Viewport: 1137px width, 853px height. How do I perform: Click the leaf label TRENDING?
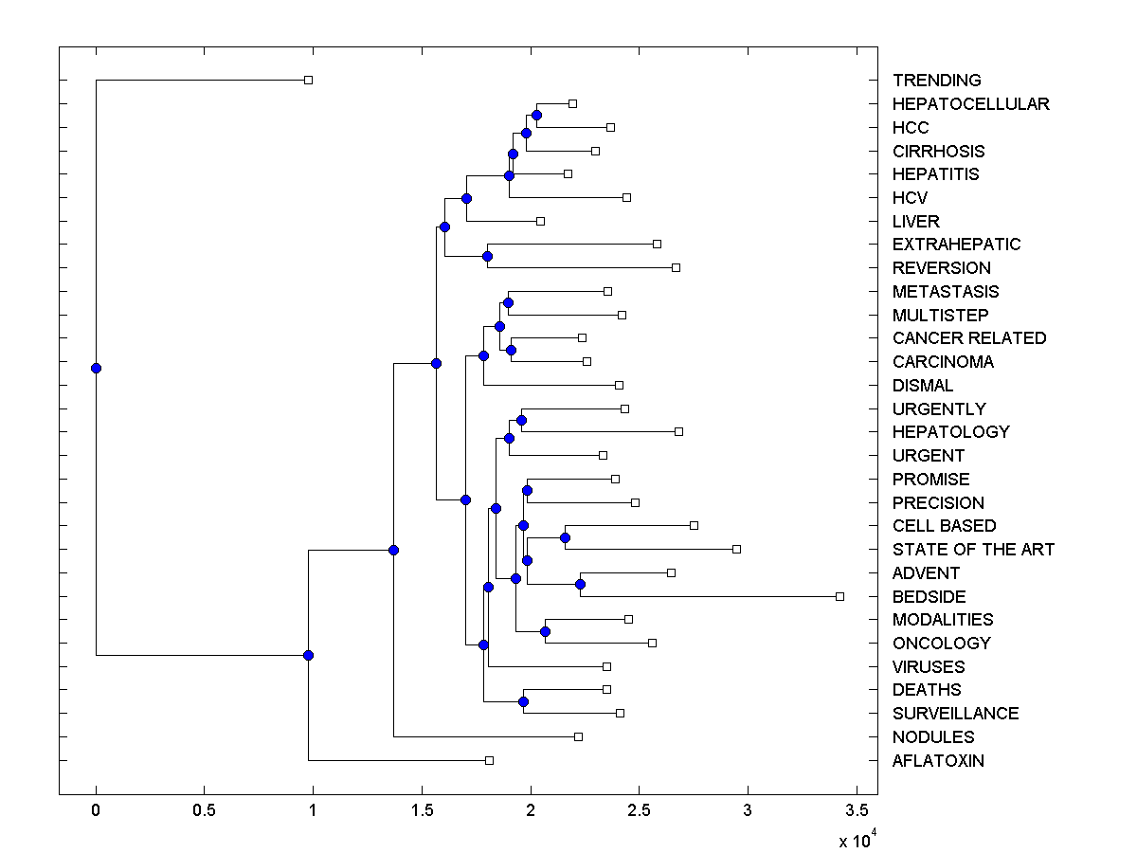[x=936, y=81]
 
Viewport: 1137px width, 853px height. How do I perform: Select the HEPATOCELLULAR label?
[x=970, y=104]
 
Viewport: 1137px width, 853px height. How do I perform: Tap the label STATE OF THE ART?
[x=973, y=550]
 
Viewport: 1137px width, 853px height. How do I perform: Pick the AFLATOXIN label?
[x=938, y=761]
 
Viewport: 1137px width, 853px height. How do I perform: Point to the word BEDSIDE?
[x=929, y=597]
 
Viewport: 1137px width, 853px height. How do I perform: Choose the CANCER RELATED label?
[x=969, y=338]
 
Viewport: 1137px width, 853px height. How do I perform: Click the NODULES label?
[x=932, y=737]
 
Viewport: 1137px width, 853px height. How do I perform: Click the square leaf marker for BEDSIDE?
[x=839, y=596]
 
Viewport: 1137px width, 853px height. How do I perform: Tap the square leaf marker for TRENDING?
[x=308, y=81]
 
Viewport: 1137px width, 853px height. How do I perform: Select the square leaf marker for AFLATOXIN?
[x=489, y=760]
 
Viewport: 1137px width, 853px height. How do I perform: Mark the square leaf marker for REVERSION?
[x=676, y=267]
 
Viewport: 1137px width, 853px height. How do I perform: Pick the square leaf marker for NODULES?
[x=578, y=736]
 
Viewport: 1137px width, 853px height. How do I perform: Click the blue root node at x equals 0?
[x=96, y=368]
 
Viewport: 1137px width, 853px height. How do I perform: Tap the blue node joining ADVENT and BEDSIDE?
[x=580, y=584]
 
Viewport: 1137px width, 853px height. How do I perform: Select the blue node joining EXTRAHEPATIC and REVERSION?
[x=488, y=256]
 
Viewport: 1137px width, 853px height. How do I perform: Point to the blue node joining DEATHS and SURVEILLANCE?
[x=523, y=701]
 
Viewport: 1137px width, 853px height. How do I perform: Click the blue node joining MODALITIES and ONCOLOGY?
[x=545, y=631]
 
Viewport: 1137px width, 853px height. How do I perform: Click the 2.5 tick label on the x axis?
[x=639, y=811]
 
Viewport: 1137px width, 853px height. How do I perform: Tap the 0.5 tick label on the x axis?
[x=204, y=811]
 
